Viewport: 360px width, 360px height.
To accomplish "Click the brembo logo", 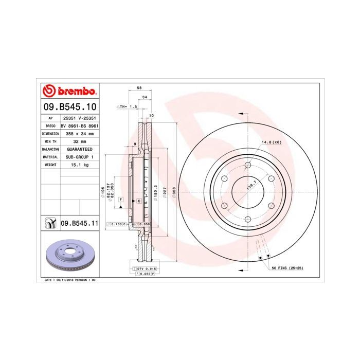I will pyautogui.click(x=69, y=92).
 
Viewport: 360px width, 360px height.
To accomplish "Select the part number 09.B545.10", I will pyautogui.click(x=69, y=107).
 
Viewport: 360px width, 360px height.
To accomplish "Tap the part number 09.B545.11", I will pyautogui.click(x=79, y=223).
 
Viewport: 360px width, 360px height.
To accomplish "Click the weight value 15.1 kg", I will pyautogui.click(x=79, y=165).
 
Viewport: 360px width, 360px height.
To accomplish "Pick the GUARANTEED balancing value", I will pyautogui.click(x=79, y=149).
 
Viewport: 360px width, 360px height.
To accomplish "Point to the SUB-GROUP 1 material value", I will pyautogui.click(x=79, y=156).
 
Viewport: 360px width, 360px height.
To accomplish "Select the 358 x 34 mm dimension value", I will pyautogui.click(x=79, y=133).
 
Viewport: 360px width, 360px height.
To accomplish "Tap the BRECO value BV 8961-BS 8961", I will pyautogui.click(x=79, y=125).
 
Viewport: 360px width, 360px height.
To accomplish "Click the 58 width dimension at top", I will pyautogui.click(x=140, y=88).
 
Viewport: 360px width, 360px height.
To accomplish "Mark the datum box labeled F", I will pyautogui.click(x=120, y=199).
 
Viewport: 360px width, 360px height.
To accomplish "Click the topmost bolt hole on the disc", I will pyautogui.click(x=247, y=165).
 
